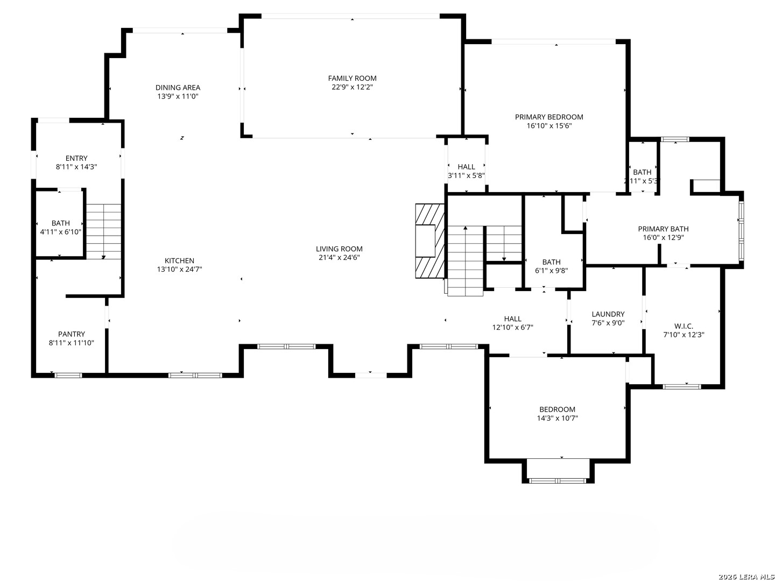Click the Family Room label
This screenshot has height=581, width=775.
[352, 78]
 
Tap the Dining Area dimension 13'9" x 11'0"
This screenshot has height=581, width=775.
[178, 96]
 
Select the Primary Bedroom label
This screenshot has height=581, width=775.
[549, 117]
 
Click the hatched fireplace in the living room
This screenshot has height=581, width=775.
[429, 241]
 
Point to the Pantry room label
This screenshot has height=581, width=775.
[72, 334]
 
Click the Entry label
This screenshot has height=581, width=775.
[76, 158]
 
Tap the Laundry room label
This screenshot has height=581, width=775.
[608, 314]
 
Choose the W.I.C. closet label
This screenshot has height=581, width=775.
[684, 326]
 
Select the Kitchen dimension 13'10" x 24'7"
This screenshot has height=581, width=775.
[179, 270]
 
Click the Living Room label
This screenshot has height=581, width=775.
[339, 249]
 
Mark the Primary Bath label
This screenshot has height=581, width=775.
[663, 229]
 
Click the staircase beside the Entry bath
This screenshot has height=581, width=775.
[104, 231]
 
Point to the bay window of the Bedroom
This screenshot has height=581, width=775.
[558, 480]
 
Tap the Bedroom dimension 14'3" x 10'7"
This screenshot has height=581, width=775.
[557, 418]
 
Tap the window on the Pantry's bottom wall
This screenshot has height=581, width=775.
[69, 375]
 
